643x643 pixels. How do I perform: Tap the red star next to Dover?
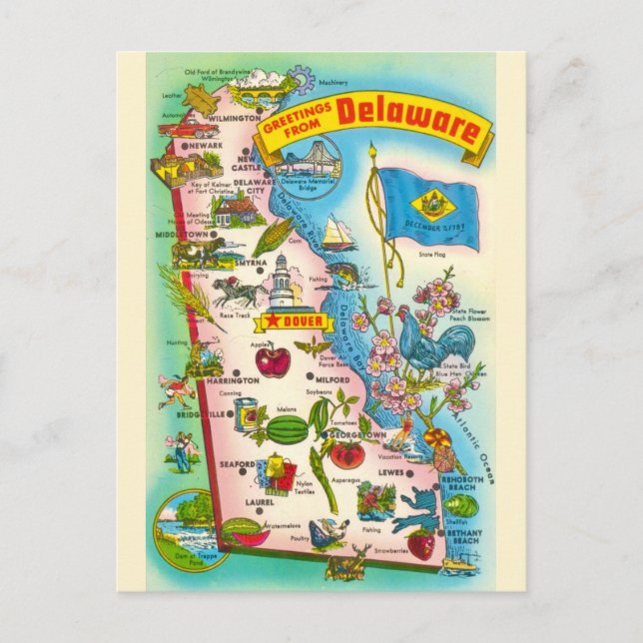coord(269,321)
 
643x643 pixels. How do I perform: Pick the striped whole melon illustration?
coord(287,430)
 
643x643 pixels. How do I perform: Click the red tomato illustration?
coord(347,455)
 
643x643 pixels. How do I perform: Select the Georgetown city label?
coord(356,435)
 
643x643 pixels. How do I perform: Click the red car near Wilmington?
coord(187,127)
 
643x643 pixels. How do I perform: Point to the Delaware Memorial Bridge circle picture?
coord(308,164)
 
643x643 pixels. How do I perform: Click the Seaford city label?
coord(237,464)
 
